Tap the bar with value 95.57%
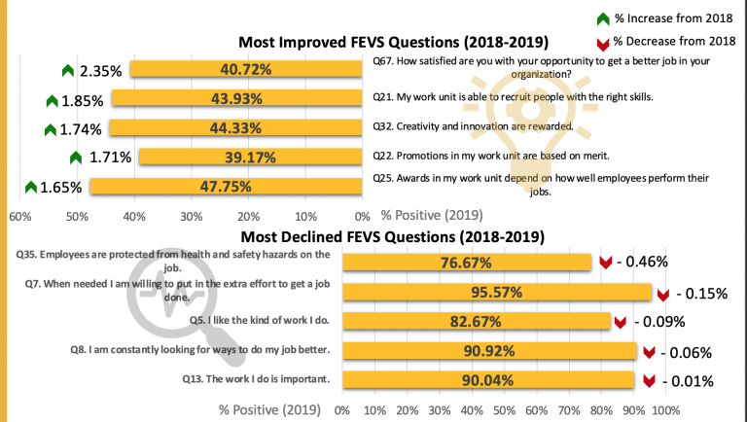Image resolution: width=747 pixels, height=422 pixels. (x=497, y=292)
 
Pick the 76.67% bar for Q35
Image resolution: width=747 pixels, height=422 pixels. (x=467, y=262)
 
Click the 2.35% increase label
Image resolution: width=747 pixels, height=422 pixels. (x=100, y=70)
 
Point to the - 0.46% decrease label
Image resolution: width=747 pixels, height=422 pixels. (x=650, y=262)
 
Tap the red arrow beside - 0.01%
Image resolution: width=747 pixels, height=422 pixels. (x=649, y=380)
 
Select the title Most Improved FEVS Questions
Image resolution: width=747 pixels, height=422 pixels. (x=394, y=42)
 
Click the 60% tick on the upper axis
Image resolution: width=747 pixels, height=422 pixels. (x=18, y=215)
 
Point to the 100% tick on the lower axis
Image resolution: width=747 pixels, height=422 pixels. (x=665, y=410)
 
